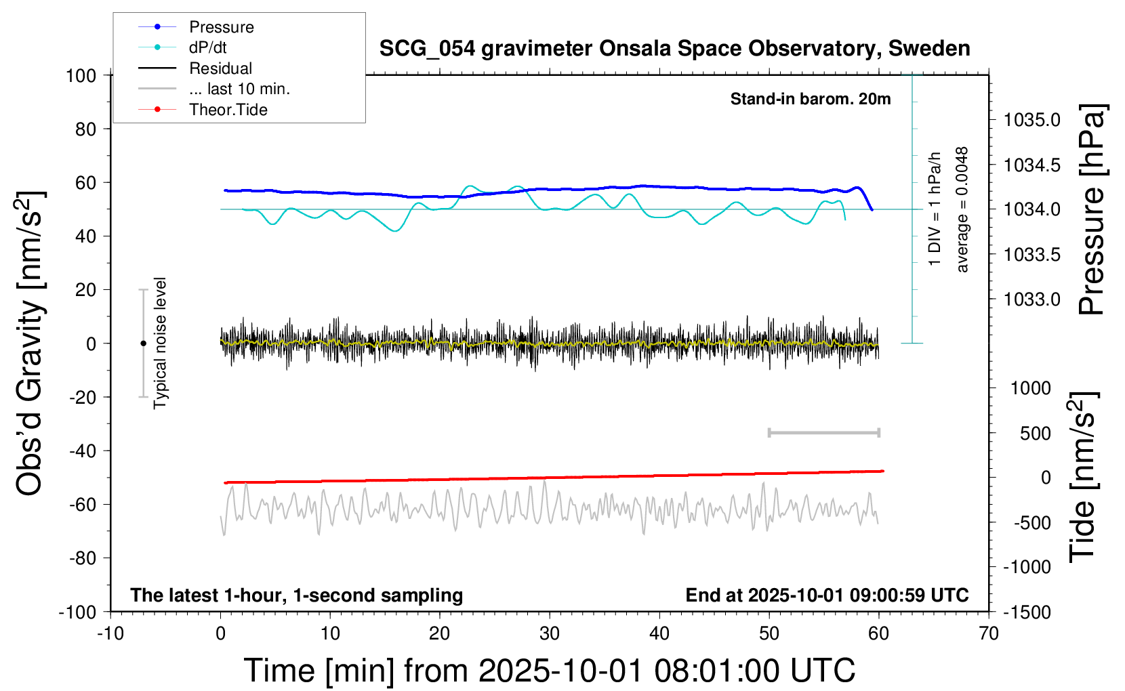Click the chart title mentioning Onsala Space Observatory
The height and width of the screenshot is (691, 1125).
(674, 49)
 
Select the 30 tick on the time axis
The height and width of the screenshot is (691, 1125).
(550, 633)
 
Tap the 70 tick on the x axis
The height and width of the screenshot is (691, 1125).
(989, 633)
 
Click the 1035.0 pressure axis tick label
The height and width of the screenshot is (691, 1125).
(1032, 120)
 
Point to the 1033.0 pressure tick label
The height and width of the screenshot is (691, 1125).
(1032, 299)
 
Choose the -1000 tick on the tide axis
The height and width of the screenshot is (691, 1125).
(1027, 567)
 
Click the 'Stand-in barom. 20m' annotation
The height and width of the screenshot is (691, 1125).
(811, 99)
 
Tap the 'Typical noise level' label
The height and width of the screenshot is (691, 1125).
(160, 343)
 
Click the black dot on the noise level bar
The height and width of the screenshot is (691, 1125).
(143, 343)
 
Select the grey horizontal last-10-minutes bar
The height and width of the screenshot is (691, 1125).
(823, 432)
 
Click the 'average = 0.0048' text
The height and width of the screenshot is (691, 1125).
(962, 210)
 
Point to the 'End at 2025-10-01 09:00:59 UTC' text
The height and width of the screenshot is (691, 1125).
(827, 595)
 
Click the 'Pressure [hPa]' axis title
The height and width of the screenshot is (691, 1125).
(1092, 210)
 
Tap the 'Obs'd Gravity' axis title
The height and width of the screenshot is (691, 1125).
(30, 343)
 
